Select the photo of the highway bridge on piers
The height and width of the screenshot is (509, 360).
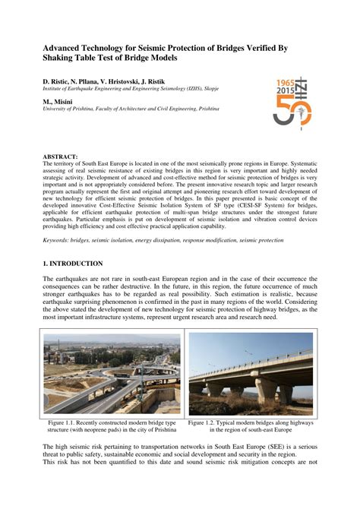(x=250, y=374)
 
